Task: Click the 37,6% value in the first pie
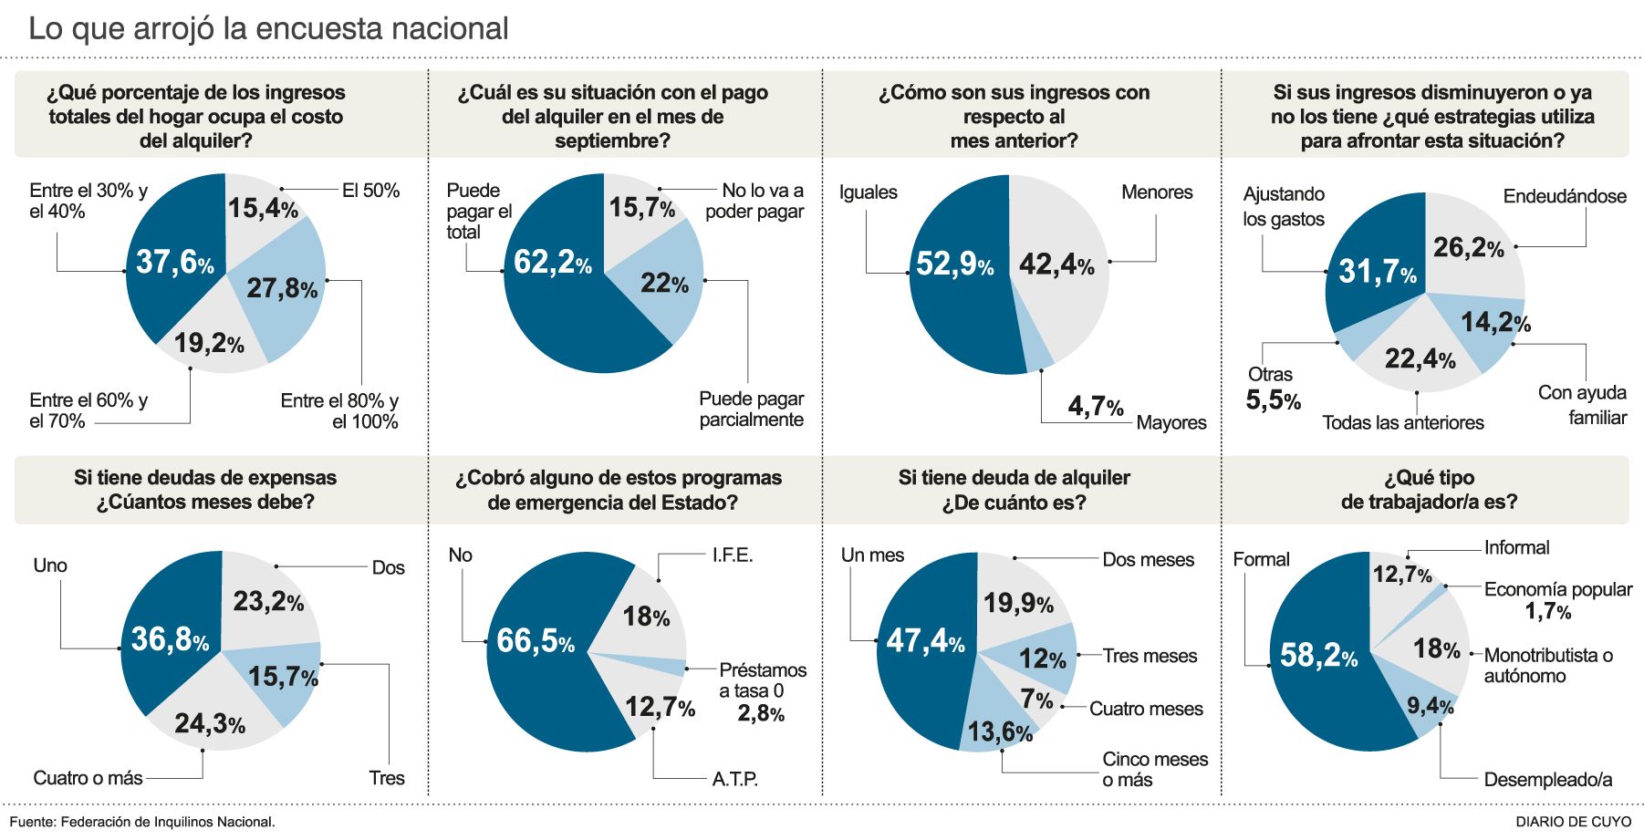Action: [x=174, y=263]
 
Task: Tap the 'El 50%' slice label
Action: [x=370, y=191]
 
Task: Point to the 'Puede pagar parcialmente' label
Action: [x=751, y=410]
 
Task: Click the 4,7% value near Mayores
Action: [x=1095, y=406]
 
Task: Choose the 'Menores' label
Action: [x=1157, y=192]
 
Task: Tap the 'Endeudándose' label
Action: [x=1565, y=196]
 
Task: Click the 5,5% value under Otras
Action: [x=1273, y=399]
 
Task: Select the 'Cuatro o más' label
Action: [x=88, y=778]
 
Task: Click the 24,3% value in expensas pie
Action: [x=209, y=724]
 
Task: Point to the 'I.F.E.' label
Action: [x=733, y=555]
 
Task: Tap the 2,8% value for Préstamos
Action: [x=760, y=713]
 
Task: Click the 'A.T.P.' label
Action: [x=734, y=779]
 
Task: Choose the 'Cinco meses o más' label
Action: [x=1154, y=770]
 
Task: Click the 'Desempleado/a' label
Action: [x=1547, y=780]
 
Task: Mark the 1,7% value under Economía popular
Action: [x=1547, y=611]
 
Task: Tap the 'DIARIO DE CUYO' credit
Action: [x=1573, y=822]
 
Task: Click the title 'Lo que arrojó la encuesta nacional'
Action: [x=268, y=29]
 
